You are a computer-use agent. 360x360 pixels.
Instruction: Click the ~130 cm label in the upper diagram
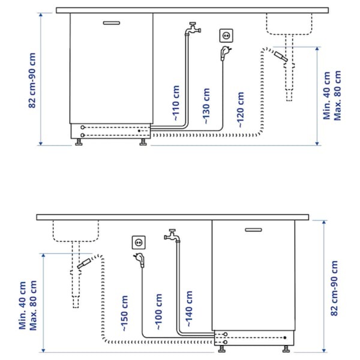(x=206, y=107)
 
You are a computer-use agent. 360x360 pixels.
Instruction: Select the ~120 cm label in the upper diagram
(x=240, y=110)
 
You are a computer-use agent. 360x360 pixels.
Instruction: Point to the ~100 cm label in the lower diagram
(x=158, y=312)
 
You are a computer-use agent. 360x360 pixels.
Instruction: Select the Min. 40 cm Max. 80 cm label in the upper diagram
(x=334, y=96)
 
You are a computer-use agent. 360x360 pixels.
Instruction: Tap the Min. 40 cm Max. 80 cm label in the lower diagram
(x=28, y=304)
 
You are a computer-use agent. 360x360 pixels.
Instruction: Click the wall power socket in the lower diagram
(x=139, y=242)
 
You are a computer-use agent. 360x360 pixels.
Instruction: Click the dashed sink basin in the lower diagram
(x=75, y=230)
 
